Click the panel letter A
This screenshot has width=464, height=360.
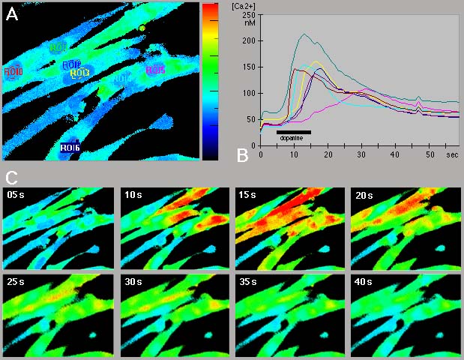12,14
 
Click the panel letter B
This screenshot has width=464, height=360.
242,155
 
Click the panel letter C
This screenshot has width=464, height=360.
11,178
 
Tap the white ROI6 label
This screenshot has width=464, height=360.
70,148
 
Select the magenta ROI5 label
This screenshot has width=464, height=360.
155,70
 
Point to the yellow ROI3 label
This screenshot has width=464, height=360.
80,73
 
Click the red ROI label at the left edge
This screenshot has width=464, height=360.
13,72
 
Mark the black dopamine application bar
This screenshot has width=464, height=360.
293,132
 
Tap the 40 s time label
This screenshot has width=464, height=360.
364,283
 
